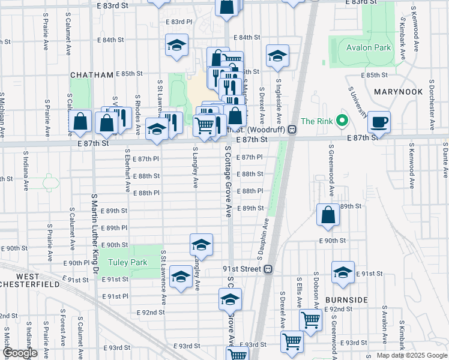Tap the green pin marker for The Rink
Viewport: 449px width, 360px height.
click(x=342, y=121)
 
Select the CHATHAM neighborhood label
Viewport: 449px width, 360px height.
click(x=92, y=75)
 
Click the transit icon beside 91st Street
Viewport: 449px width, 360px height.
click(x=270, y=269)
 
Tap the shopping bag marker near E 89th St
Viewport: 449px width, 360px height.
click(x=328, y=215)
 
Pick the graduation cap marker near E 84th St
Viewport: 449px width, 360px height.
click(x=177, y=45)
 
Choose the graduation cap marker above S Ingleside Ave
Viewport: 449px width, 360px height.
click(x=277, y=56)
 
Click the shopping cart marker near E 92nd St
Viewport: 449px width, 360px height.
click(x=310, y=320)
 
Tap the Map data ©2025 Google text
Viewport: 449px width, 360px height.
click(x=412, y=355)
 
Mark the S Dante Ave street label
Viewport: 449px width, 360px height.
click(x=445, y=160)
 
